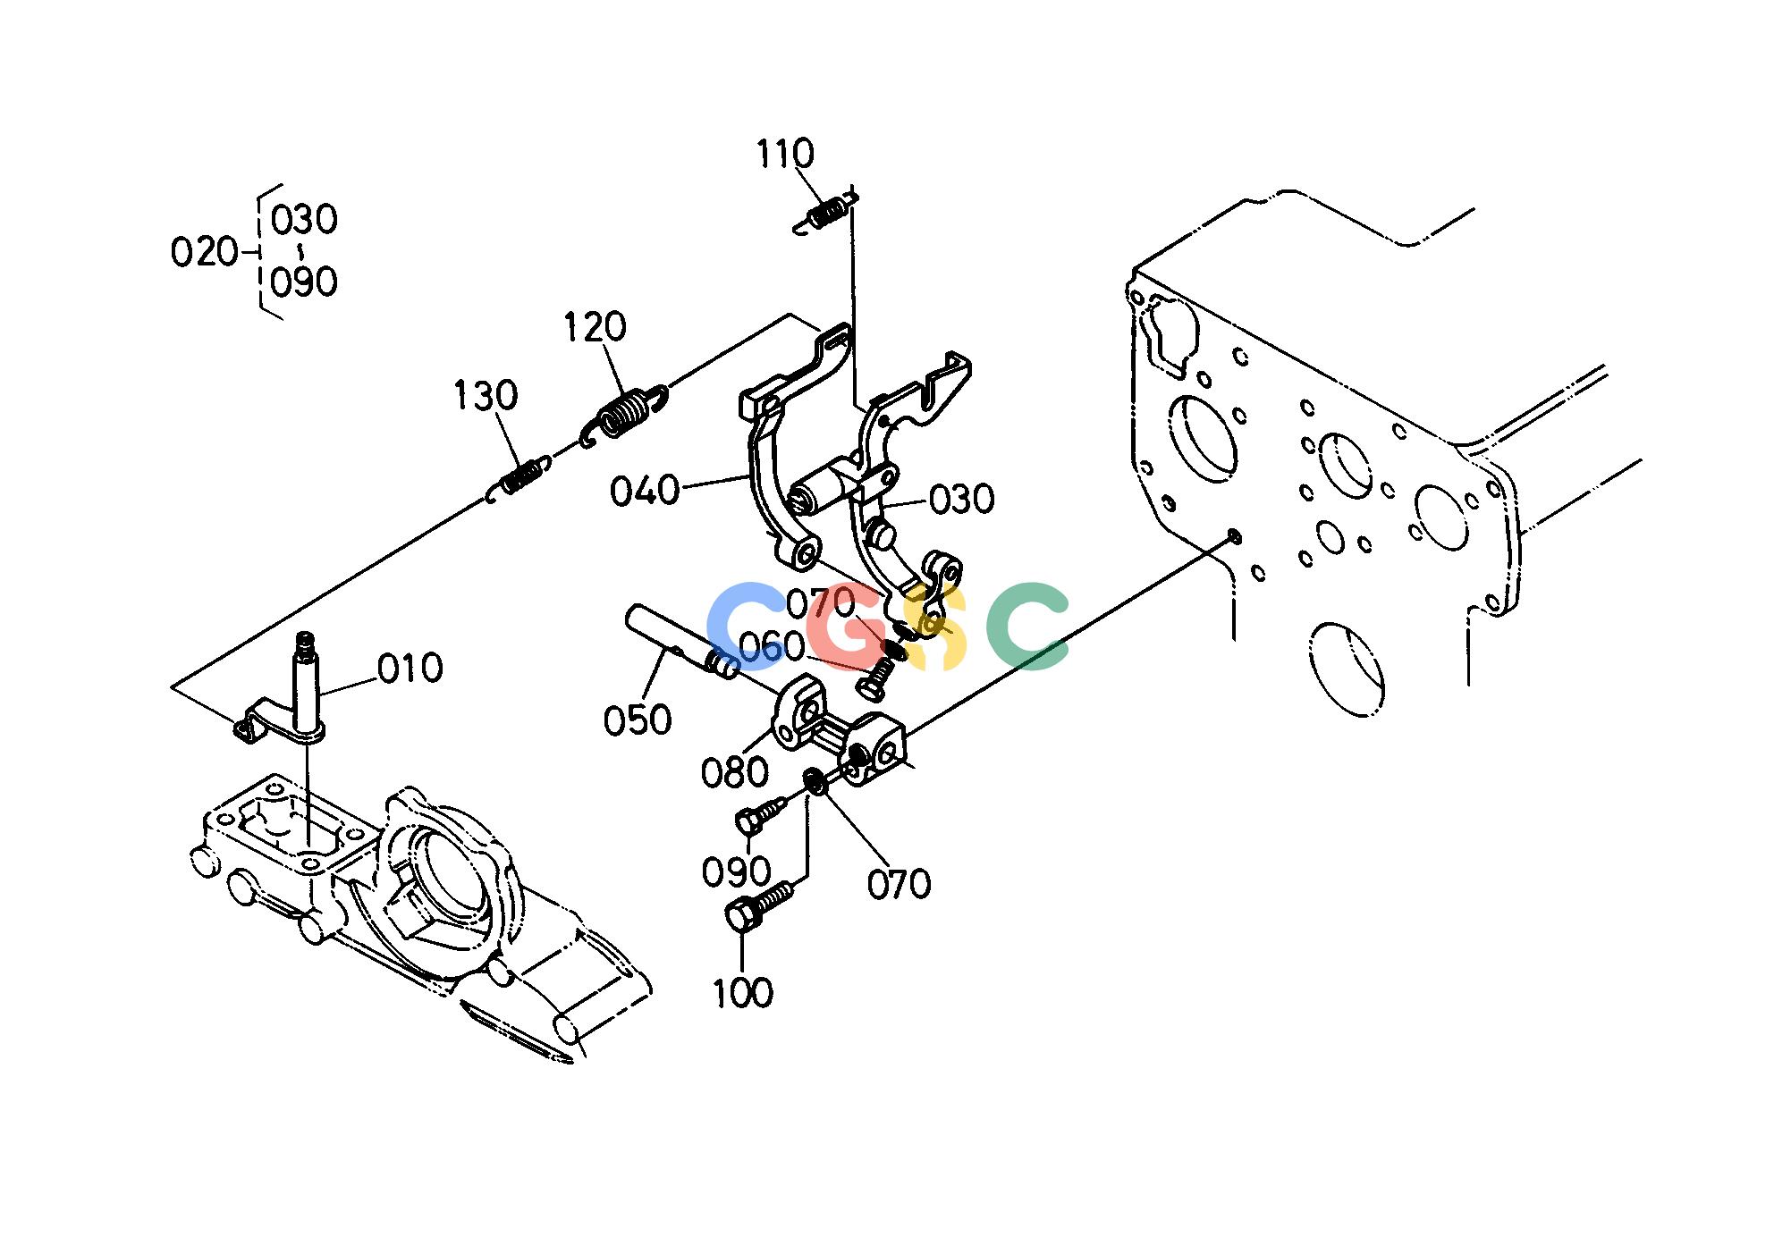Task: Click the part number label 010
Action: pos(410,669)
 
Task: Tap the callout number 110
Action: pos(786,154)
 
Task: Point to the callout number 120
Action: pos(595,327)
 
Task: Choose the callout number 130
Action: pos(486,395)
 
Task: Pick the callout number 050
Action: pos(638,720)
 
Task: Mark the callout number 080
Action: pos(735,773)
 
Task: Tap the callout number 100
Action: pos(743,993)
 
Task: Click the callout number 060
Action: pos(772,649)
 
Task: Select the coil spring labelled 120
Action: pos(625,415)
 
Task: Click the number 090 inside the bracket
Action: pos(304,282)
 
